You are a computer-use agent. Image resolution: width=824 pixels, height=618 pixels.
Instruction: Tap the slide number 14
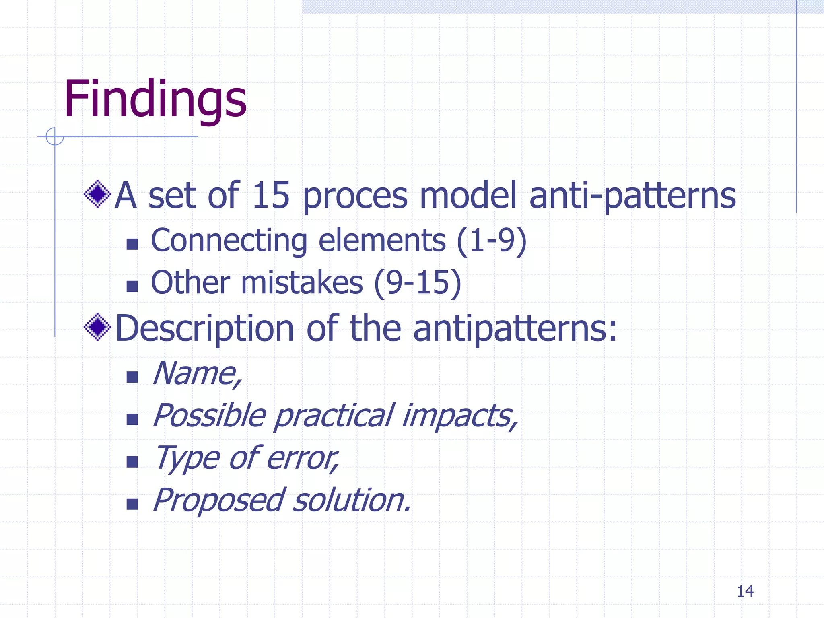click(x=745, y=591)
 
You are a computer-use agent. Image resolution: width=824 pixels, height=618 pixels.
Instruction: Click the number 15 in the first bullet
click(x=271, y=196)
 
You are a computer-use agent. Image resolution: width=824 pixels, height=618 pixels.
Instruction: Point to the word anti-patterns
click(x=632, y=196)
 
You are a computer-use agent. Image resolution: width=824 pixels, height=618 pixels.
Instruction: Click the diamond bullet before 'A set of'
click(x=97, y=194)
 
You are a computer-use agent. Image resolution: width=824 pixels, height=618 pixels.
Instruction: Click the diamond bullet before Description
click(x=97, y=327)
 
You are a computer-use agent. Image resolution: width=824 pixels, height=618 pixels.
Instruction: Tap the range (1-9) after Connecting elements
click(x=492, y=241)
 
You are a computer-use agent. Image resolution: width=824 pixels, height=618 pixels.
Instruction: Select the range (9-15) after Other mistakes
click(x=417, y=283)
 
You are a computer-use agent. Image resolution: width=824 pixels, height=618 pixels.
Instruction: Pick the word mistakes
click(x=302, y=283)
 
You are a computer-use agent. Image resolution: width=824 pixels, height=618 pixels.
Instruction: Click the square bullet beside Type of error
click(x=132, y=461)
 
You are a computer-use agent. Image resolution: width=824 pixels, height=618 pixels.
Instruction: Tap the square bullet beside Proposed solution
click(x=132, y=504)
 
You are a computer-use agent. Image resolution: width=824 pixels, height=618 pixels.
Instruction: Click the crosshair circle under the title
click(x=55, y=136)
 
